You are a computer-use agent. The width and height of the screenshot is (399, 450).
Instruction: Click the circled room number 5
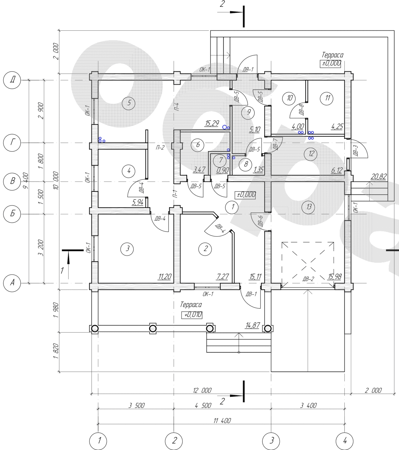point(129,103)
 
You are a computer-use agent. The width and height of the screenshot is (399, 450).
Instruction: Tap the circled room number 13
point(308,207)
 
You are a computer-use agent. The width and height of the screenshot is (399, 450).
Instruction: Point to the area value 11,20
point(165,277)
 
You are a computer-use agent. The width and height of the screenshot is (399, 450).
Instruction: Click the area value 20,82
point(378,176)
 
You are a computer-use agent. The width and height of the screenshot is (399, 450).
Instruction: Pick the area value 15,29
point(212,123)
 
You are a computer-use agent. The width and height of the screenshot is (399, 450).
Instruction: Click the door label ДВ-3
point(355,151)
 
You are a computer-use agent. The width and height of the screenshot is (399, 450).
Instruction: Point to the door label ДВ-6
point(260,221)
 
